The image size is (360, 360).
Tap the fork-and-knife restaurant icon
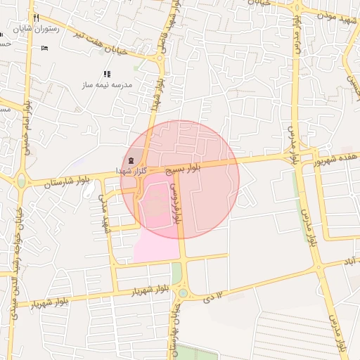coord(36,18)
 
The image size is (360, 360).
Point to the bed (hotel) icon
coord(45,48)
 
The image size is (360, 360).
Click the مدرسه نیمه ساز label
coord(106,84)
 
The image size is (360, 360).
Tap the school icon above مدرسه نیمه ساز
coord(107,74)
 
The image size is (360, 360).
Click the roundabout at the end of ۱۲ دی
coord(183,292)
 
